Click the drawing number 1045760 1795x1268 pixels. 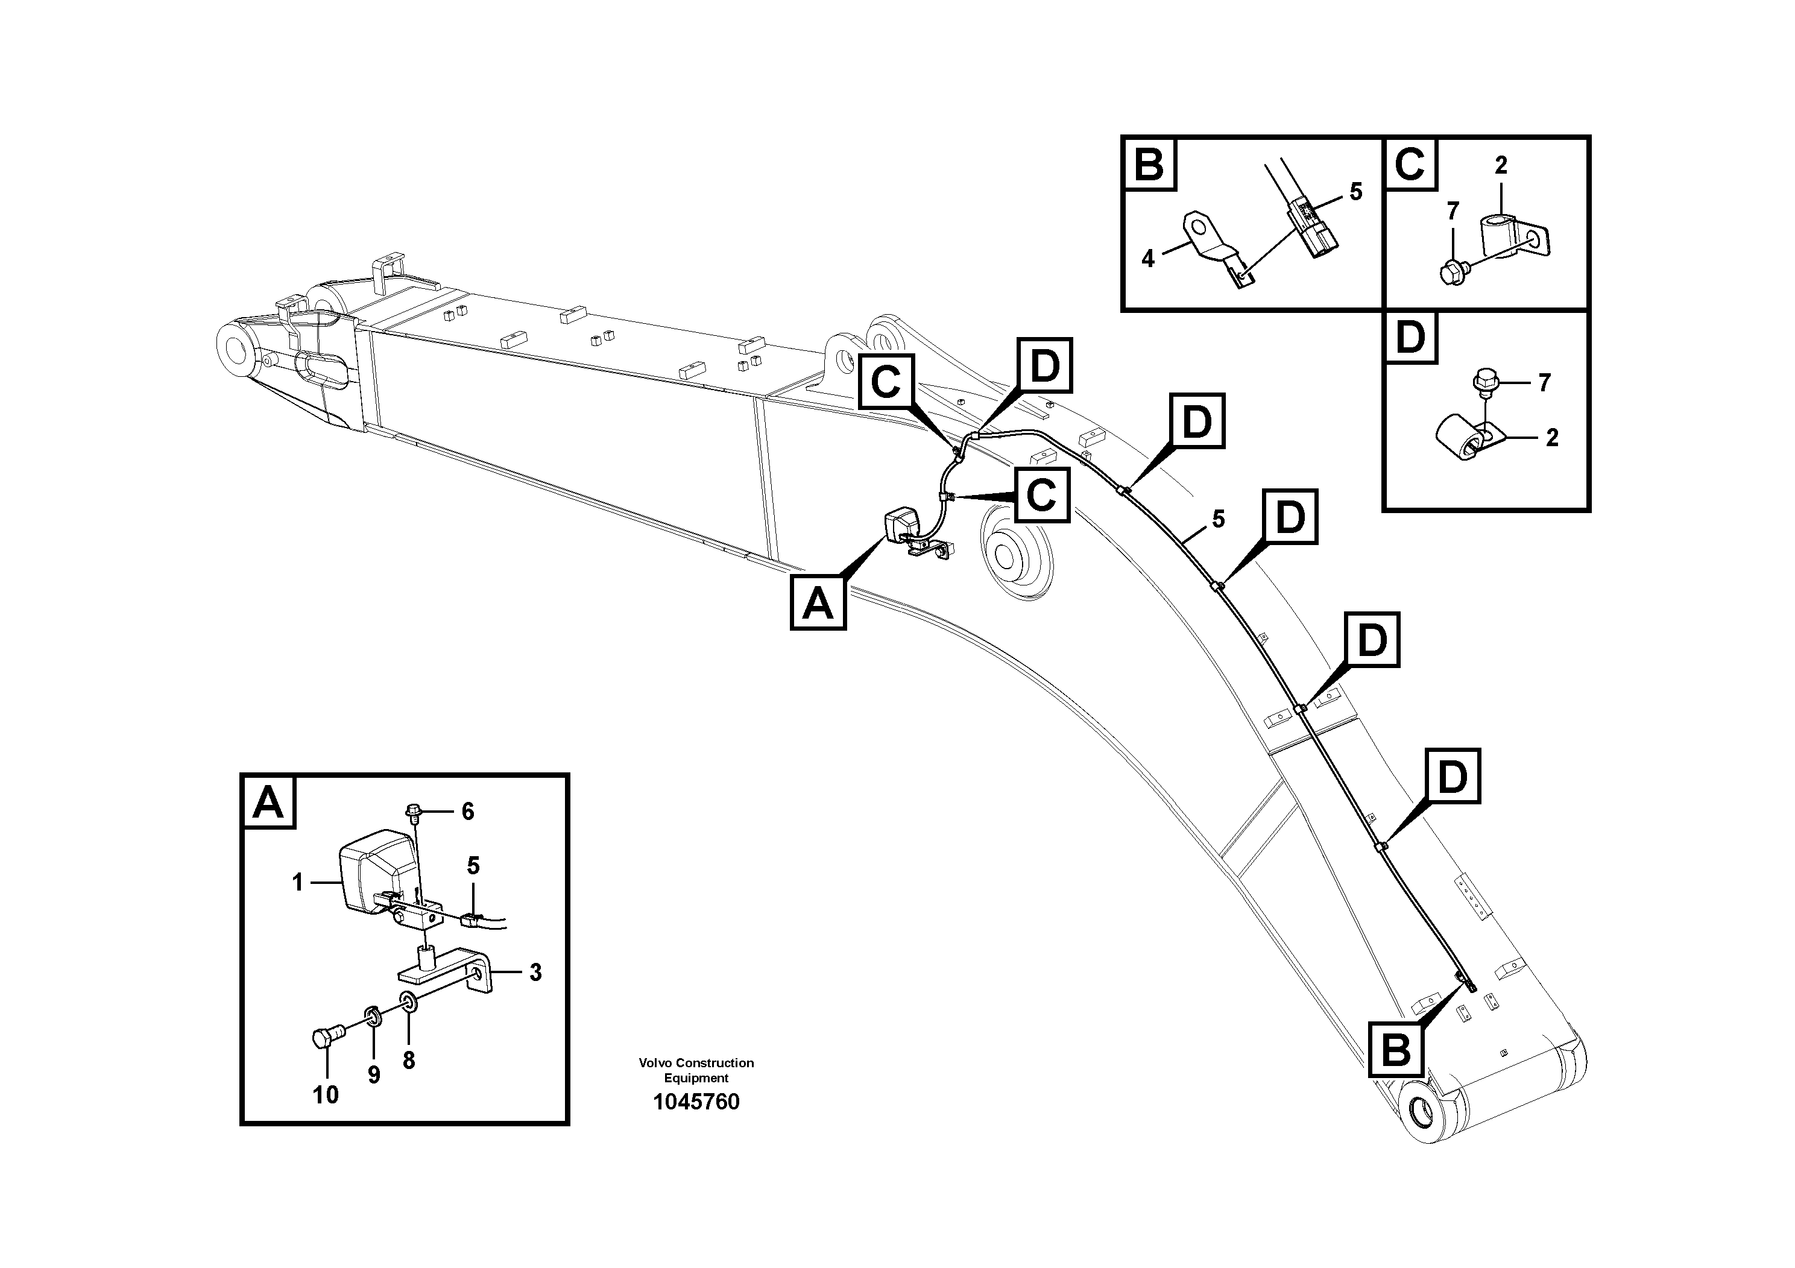[696, 1102]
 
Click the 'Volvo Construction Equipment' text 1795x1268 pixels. [696, 1070]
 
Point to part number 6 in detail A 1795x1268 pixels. [467, 812]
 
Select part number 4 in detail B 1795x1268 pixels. [1147, 259]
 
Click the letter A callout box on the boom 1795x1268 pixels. [818, 604]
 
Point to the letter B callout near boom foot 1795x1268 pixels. [1396, 1050]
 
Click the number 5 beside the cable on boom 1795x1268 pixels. [1218, 519]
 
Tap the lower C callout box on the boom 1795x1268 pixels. [1041, 495]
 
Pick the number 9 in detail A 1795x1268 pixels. [374, 1075]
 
